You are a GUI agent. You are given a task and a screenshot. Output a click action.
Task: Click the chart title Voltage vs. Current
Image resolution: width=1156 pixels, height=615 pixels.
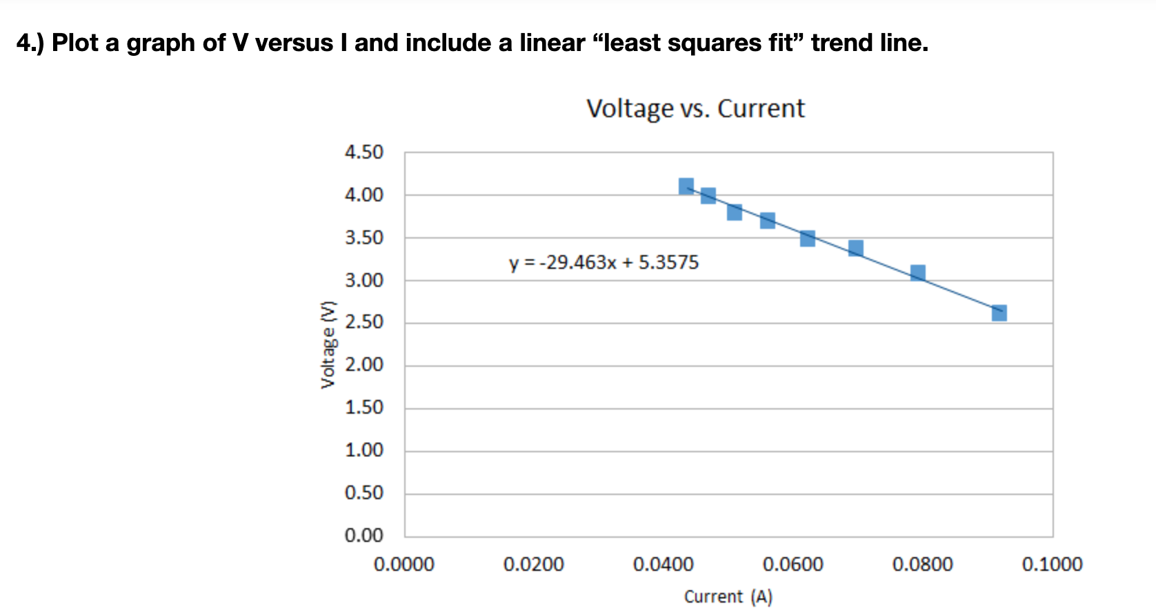point(695,109)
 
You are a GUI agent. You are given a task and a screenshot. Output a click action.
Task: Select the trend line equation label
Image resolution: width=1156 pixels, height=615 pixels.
point(604,263)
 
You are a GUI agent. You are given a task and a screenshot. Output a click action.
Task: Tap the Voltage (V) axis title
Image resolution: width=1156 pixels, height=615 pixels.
point(329,345)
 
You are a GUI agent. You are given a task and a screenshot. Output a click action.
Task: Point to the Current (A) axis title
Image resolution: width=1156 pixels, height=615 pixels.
point(728,596)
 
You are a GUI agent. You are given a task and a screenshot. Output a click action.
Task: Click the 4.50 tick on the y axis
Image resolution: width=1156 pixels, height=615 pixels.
point(363,152)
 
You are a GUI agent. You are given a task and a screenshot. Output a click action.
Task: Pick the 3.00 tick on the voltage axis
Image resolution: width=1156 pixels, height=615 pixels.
point(363,281)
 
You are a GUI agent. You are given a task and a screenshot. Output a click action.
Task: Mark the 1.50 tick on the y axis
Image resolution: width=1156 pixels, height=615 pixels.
point(363,407)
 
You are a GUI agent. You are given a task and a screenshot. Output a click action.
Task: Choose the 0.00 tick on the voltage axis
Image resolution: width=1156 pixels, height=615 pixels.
point(363,536)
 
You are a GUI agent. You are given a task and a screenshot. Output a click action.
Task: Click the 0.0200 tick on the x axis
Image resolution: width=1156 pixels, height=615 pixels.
point(533,565)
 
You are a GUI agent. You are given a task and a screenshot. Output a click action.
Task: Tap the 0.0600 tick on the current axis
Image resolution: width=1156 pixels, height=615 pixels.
point(793,565)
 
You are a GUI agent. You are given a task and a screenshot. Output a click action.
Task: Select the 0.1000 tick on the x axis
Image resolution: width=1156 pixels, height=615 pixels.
point(1052,565)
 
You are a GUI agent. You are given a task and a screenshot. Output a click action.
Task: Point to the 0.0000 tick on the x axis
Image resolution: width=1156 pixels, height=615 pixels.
point(403,565)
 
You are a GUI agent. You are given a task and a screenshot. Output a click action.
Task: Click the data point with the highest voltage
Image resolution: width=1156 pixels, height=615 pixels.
point(686,186)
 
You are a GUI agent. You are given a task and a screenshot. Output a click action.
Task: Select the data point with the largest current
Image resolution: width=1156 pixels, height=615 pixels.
point(999,313)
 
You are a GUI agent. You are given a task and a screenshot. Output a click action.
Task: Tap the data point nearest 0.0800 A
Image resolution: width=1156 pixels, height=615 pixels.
point(917,273)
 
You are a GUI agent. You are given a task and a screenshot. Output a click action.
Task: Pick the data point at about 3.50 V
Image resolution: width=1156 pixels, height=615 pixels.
point(808,239)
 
